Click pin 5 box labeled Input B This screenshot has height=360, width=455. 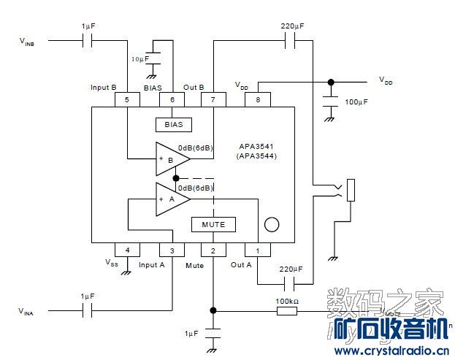pyautogui.click(x=127, y=99)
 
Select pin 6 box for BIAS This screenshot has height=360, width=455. pyautogui.click(x=172, y=99)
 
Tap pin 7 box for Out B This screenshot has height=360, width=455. pyautogui.click(x=213, y=99)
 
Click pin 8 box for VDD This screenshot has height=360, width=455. pyautogui.click(x=257, y=99)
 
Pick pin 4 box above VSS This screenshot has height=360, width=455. pyautogui.click(x=127, y=250)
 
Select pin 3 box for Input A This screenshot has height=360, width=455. pyautogui.click(x=172, y=250)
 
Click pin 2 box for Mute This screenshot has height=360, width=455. pyautogui.click(x=213, y=250)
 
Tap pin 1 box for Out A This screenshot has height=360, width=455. pyautogui.click(x=257, y=250)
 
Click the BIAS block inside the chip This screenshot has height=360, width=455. pyautogui.click(x=173, y=124)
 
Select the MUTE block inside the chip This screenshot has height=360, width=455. pyautogui.click(x=213, y=224)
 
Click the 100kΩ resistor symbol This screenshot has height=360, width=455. pyautogui.click(x=286, y=310)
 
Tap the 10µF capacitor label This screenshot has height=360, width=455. pyautogui.click(x=139, y=58)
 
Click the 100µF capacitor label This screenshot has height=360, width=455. pyautogui.click(x=356, y=103)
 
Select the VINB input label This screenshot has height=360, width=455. pyautogui.click(x=27, y=42)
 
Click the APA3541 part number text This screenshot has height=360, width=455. pyautogui.click(x=256, y=145)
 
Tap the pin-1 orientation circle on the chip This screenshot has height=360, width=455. pyautogui.click(x=272, y=224)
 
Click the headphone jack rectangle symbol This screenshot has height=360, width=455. pyautogui.click(x=351, y=190)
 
